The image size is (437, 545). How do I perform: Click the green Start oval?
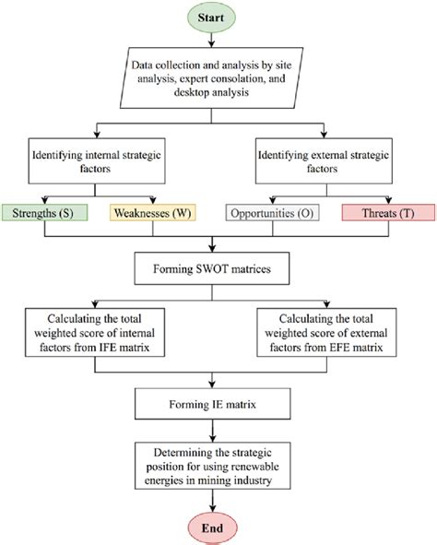click(x=214, y=18)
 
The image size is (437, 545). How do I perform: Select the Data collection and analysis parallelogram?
click(x=214, y=79)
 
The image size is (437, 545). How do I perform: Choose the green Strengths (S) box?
click(x=44, y=213)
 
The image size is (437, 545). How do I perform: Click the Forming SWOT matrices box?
click(x=214, y=270)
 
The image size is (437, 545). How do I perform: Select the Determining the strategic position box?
click(x=214, y=463)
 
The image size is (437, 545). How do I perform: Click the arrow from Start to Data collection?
click(x=214, y=41)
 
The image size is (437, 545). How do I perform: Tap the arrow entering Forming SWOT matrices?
click(x=214, y=244)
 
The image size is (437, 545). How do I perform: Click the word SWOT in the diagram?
click(x=213, y=270)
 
